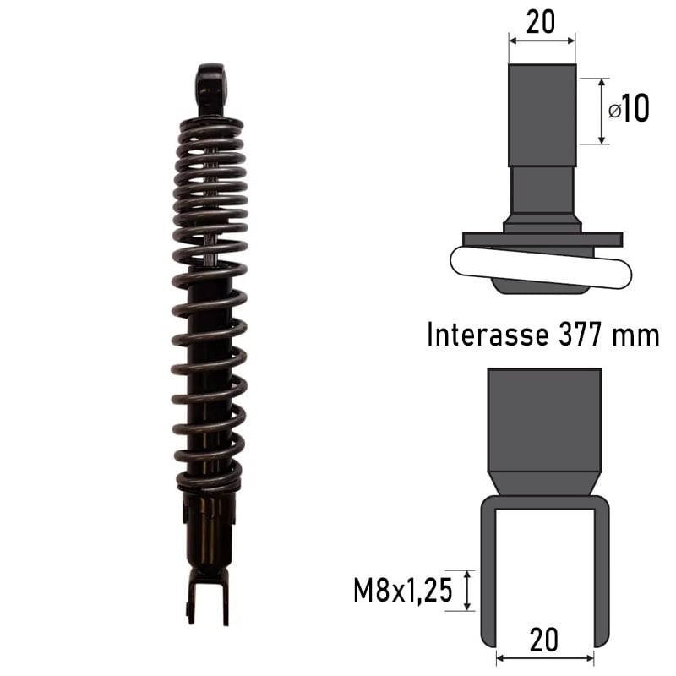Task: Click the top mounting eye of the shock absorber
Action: tap(210, 84)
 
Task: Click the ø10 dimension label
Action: tap(630, 109)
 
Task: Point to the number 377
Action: tap(580, 335)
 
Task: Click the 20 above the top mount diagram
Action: tap(541, 22)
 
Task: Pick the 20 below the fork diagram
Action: tap(542, 640)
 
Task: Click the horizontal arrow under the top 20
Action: tap(542, 39)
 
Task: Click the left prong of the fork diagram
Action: tap(488, 575)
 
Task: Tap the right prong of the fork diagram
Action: tap(601, 575)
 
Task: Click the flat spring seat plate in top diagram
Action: tap(542, 239)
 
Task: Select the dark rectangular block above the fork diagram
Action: tap(544, 418)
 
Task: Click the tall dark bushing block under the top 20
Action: tap(542, 115)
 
